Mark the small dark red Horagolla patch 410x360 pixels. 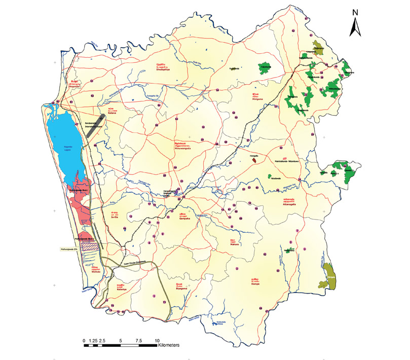pyautogui.click(x=254, y=160)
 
